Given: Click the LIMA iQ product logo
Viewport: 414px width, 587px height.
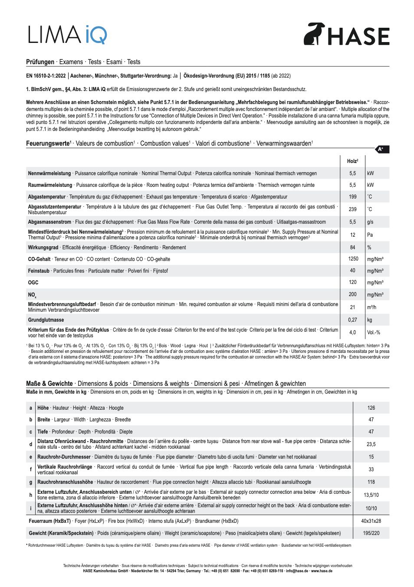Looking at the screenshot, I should pos(67,35).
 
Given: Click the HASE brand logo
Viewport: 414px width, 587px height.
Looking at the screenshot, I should pos(346,34).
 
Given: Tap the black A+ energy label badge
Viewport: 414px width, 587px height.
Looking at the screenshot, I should pos(381,149).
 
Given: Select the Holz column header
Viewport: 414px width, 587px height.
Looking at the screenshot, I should pos(352,161).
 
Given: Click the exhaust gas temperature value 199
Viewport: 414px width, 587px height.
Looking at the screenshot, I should pos(352,197).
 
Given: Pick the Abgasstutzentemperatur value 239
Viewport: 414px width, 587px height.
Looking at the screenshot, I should pos(352,209).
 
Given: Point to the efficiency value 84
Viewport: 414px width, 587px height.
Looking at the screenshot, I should pos(352,248).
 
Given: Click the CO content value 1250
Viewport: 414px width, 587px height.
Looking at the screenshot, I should pos(353,259).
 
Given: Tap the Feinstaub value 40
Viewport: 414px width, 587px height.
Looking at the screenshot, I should pos(352,271).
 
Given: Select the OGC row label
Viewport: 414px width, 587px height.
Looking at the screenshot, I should pos(33,283).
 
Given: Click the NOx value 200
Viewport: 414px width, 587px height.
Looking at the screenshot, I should pos(352,294).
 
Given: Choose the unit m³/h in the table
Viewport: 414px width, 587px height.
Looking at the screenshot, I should pos(371,307).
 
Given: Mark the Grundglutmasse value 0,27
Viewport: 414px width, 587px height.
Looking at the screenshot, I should pos(352,320).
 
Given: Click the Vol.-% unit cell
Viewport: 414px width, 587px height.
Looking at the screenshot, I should pos(373,333).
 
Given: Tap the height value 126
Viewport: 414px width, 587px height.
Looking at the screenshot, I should pos(371,408).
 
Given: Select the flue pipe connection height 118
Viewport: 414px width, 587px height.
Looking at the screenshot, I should pos(371,482).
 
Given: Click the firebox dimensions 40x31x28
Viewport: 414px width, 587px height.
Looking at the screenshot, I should pos(371,521).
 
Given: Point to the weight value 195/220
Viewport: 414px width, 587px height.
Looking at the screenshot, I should pos(371,533).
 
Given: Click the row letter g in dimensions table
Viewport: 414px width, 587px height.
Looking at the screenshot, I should pos(30,482).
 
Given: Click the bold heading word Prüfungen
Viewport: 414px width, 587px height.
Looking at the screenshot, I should pos(40,62).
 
